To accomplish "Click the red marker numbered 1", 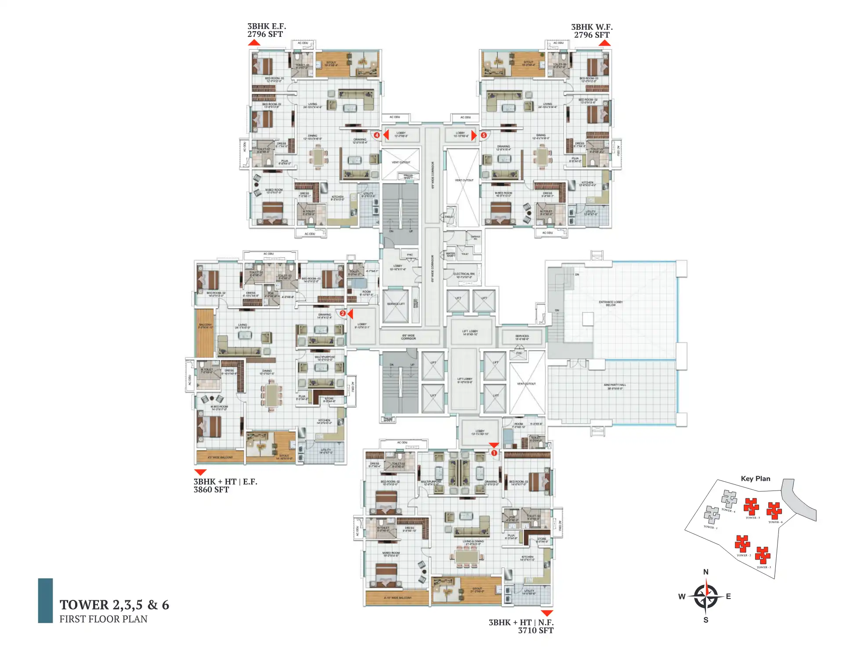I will point(494,453).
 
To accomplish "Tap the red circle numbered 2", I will point(343,314).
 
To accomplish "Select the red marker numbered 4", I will point(376,135).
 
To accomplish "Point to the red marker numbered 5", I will point(484,135).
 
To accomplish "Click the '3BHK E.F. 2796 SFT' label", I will point(266,30).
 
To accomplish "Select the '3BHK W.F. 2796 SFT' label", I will point(592,31).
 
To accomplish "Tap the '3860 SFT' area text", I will point(211,490).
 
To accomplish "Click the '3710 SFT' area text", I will point(536,631).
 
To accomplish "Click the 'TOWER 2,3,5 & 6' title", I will point(114,605).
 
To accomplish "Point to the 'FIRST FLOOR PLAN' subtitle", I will point(103,619).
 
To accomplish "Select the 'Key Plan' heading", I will point(755,479).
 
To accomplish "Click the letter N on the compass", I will point(706,572).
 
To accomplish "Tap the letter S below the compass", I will point(706,620).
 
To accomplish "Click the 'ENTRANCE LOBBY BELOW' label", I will point(611,303).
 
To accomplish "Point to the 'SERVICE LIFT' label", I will point(395,304).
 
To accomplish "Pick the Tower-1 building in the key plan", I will point(712,514).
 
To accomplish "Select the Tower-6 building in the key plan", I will point(774,510).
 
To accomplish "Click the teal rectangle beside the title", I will point(45,600).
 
